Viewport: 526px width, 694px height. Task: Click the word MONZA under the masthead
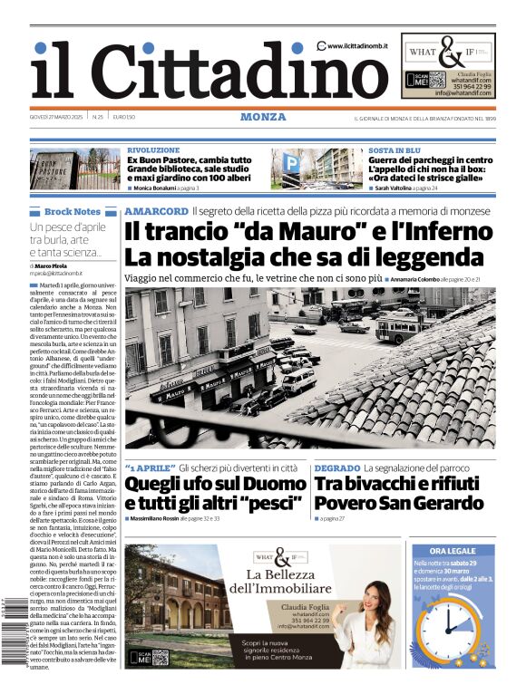pyautogui.click(x=263, y=117)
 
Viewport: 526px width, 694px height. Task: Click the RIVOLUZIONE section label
pyautogui.click(x=153, y=150)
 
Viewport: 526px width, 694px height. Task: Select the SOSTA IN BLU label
pyautogui.click(x=394, y=150)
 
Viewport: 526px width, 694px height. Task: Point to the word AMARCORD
pyautogui.click(x=155, y=211)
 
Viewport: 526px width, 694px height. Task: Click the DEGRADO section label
pyautogui.click(x=336, y=467)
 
